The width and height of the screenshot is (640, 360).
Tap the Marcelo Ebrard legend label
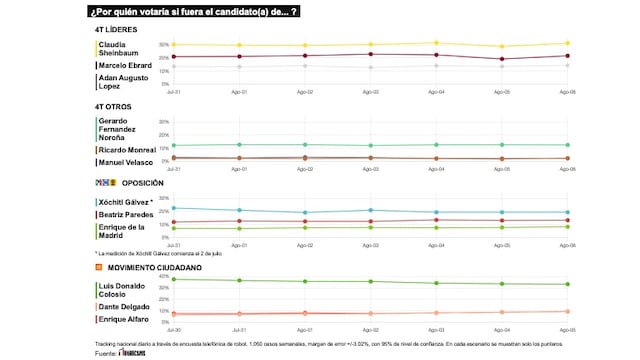click(125, 65)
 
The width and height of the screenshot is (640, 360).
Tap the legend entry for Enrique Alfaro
click(122, 319)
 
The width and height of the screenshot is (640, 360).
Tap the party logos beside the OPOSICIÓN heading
click(105, 183)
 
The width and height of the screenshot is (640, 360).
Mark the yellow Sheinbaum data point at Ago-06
click(567, 43)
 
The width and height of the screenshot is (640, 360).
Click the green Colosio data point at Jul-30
click(174, 279)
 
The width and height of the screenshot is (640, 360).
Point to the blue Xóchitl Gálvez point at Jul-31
click(174, 208)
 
